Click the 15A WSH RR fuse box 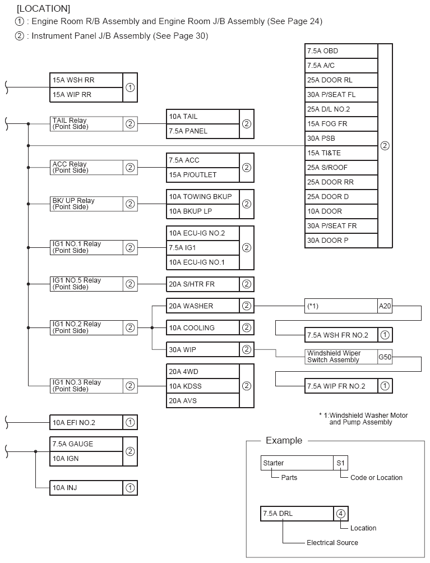pyautogui.click(x=86, y=80)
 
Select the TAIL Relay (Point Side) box pyautogui.click(x=86, y=124)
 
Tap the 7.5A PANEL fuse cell pyautogui.click(x=203, y=131)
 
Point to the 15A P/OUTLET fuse pyautogui.click(x=203, y=175)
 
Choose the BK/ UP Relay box pyautogui.click(x=86, y=204)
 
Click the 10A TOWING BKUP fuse pyautogui.click(x=203, y=197)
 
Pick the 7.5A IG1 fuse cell pyautogui.click(x=203, y=247)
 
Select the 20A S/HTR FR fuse pyautogui.click(x=203, y=284)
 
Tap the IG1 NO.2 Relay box pyautogui.click(x=86, y=328)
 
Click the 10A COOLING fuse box pyautogui.click(x=203, y=328)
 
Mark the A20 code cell pyautogui.click(x=385, y=306)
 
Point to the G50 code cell pyautogui.click(x=385, y=357)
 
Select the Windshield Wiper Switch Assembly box pyautogui.click(x=341, y=357)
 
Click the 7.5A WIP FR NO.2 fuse pyautogui.click(x=341, y=386)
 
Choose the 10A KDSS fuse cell pyautogui.click(x=203, y=386)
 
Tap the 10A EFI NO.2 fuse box pyautogui.click(x=86, y=423)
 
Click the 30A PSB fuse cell pyautogui.click(x=341, y=139)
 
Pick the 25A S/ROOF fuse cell pyautogui.click(x=341, y=168)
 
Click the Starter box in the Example pyautogui.click(x=297, y=463)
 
